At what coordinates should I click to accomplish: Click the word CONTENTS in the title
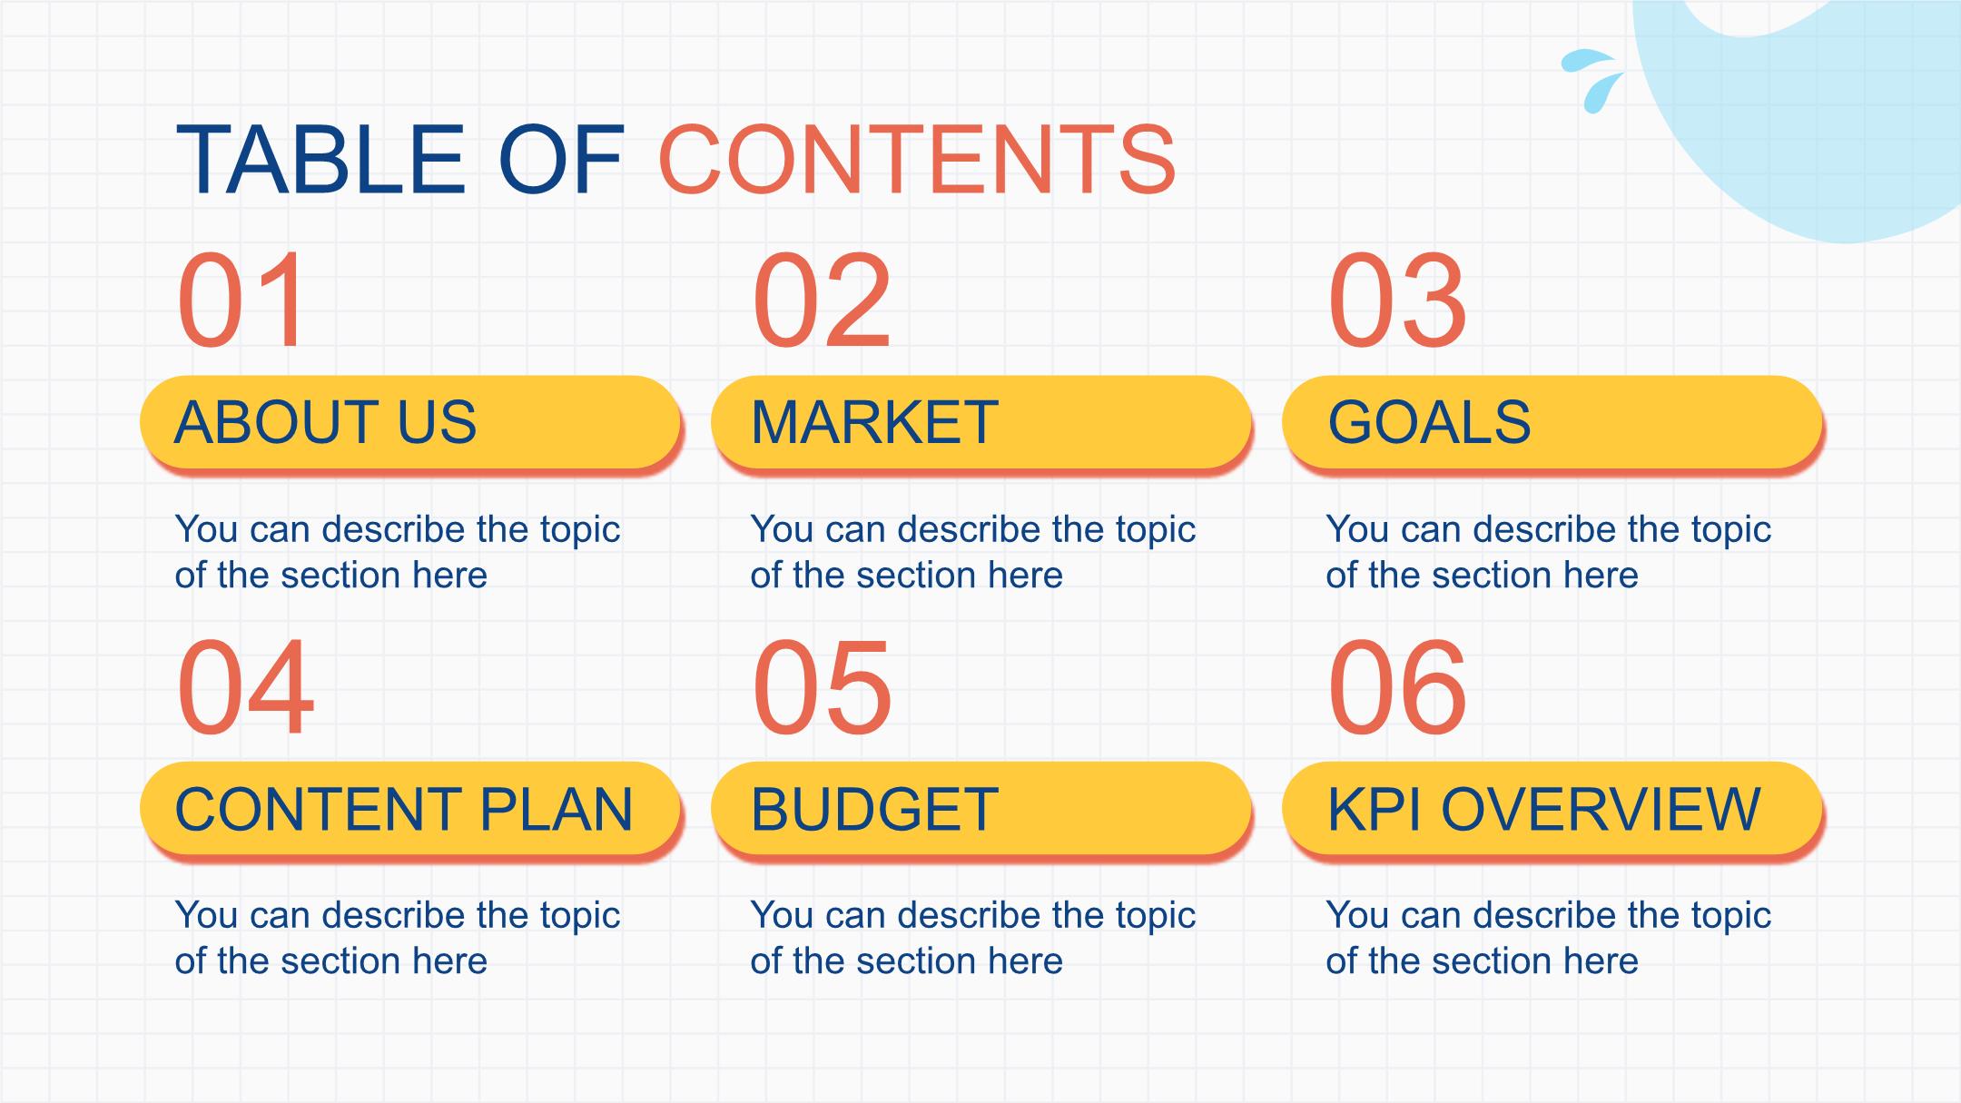coord(917,160)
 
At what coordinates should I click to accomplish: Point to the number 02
coord(822,300)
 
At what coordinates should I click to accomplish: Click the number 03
coord(1396,300)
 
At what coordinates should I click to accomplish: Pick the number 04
coord(245,686)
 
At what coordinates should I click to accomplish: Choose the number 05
coord(822,686)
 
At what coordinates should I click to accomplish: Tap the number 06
coord(1396,686)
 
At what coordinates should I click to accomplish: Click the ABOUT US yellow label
coord(410,423)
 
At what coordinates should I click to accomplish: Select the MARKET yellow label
coord(981,423)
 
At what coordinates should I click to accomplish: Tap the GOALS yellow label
coord(1552,423)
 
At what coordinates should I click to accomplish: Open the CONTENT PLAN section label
coord(410,809)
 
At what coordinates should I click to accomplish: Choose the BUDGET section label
coord(981,809)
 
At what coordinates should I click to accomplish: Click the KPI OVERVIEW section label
coord(1552,809)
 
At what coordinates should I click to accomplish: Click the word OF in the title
coord(561,160)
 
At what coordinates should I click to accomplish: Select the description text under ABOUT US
coord(398,552)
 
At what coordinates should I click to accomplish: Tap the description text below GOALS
coord(1549,552)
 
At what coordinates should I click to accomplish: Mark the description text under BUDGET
coord(973,938)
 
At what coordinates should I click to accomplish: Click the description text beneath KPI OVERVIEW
coord(1549,938)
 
